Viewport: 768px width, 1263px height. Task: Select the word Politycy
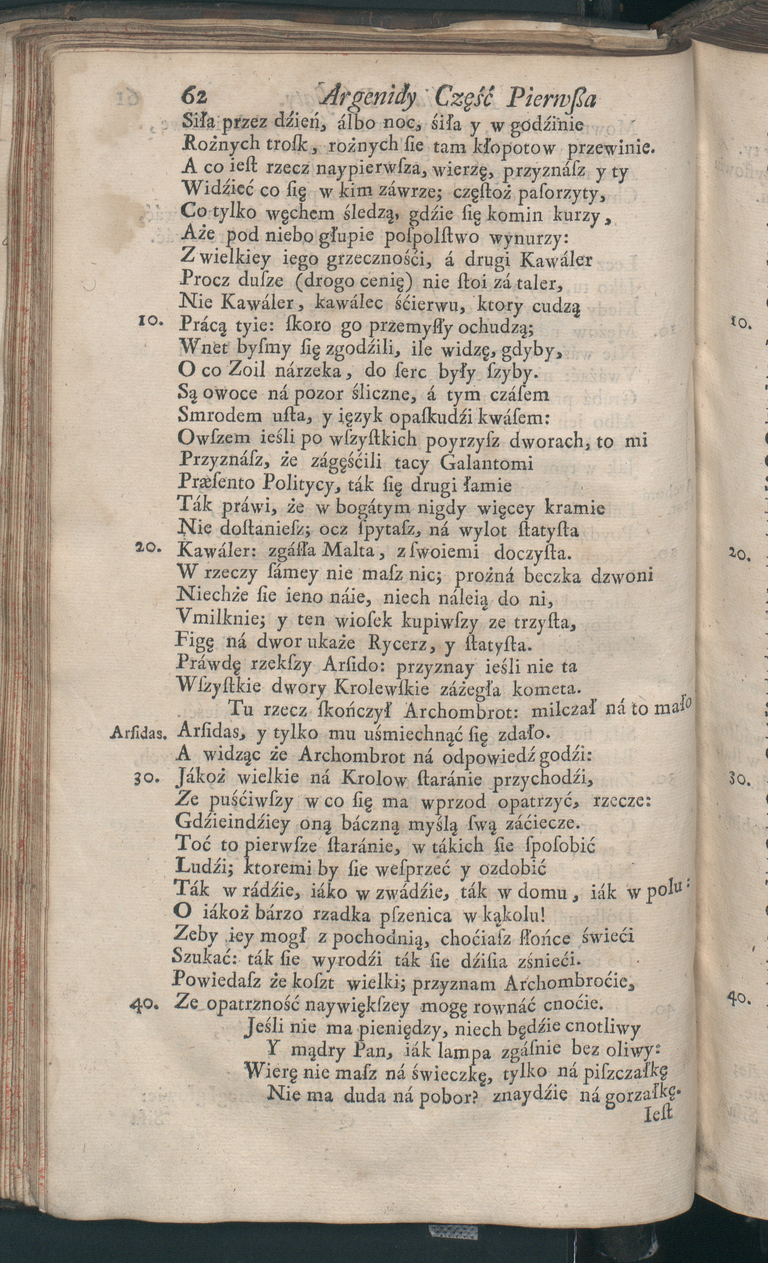click(298, 484)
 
